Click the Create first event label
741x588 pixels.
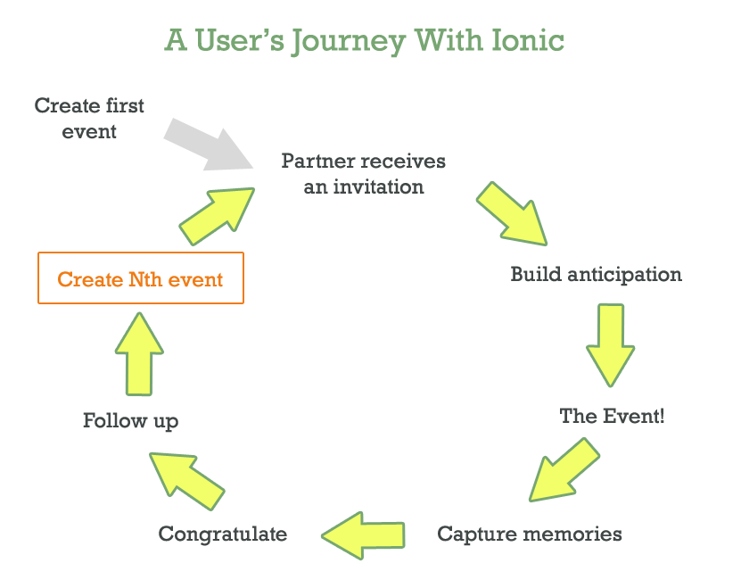click(x=89, y=118)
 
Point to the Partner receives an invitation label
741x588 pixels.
click(x=363, y=173)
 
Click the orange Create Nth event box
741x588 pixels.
click(x=141, y=278)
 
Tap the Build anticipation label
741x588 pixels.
click(x=596, y=274)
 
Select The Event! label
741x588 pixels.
click(x=612, y=416)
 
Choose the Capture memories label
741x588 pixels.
click(x=529, y=534)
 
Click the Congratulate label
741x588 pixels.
click(x=223, y=534)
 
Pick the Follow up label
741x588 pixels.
click(x=130, y=420)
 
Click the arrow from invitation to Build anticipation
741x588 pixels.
click(x=511, y=214)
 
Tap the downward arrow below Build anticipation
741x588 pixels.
click(x=610, y=344)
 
